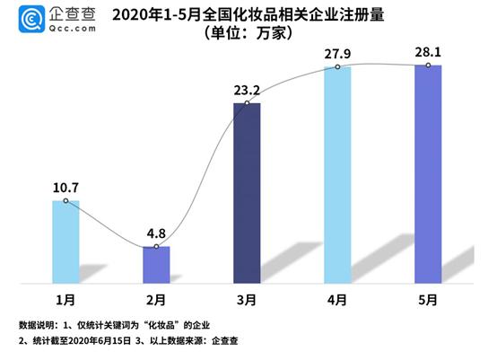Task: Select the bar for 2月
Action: coord(156,264)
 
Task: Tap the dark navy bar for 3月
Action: coord(247,193)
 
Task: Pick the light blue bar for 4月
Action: coord(337,175)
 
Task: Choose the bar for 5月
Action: coord(428,174)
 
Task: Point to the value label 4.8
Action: coord(156,233)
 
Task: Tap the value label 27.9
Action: coord(337,53)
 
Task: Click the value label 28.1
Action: coord(428,52)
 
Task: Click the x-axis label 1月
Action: coord(65,297)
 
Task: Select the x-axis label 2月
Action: coord(156,297)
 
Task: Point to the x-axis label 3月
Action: coord(247,297)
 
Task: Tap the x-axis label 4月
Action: coord(337,297)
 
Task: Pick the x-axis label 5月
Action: coord(428,297)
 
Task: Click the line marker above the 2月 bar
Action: coord(156,246)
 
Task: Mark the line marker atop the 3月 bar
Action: coord(247,104)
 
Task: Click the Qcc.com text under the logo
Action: coord(68,27)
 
